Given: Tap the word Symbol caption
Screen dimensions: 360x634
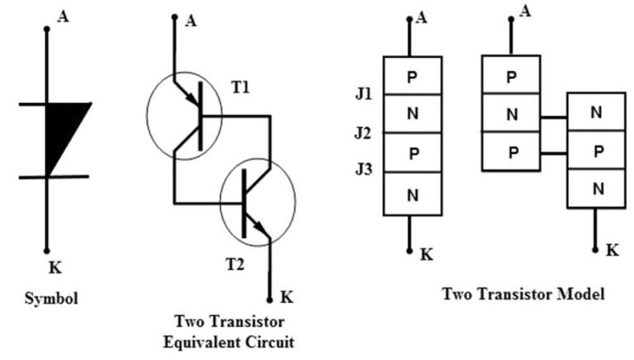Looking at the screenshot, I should (52, 298).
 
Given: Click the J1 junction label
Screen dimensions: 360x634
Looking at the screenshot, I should (363, 94).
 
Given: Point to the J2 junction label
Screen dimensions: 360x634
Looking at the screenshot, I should (363, 132).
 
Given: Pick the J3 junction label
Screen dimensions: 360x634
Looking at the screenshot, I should (363, 170).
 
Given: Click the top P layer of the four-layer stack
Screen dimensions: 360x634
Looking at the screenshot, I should (413, 76).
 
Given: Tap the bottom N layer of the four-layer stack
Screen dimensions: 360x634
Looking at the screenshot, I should (413, 196).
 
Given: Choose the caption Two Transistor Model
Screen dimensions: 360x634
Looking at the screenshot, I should (523, 293).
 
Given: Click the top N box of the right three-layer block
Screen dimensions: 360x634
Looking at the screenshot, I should (595, 114).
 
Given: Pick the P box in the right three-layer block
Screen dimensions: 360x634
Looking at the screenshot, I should (595, 152).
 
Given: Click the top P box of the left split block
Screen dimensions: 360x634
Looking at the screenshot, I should (511, 77).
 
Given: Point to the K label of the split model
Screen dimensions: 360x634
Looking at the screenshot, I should (612, 249).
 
